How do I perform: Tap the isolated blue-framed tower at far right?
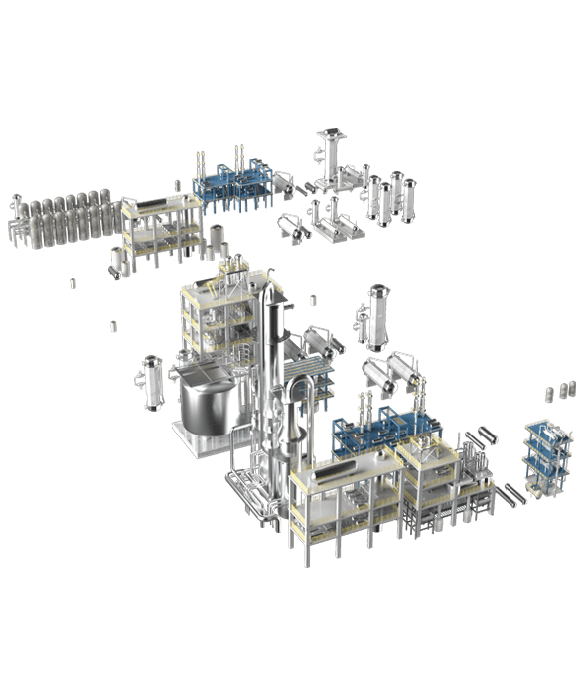pos(541,457)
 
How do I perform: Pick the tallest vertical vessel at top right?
pos(329,159)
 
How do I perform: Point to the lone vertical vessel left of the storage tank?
pos(152,381)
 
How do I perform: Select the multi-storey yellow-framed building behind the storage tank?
pos(214,318)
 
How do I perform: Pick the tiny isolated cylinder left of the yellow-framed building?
pos(112,325)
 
